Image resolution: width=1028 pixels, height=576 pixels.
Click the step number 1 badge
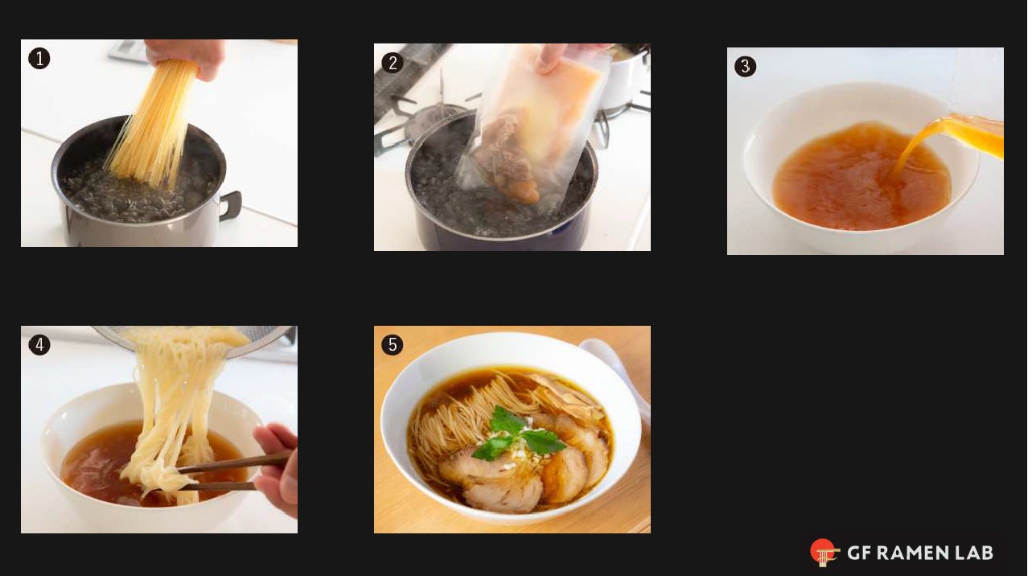click(x=39, y=59)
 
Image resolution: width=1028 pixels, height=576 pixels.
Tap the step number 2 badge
click(x=393, y=63)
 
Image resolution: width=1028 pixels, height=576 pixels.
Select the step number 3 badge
click(x=746, y=67)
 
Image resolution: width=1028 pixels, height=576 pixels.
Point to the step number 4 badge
click(x=39, y=345)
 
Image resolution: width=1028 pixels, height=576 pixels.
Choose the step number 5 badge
click(x=393, y=345)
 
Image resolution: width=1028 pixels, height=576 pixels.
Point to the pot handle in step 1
click(x=230, y=205)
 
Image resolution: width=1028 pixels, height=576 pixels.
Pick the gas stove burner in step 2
click(x=418, y=121)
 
